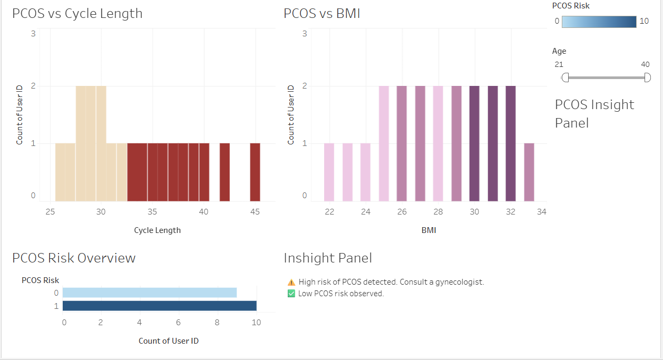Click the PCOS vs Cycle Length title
click(x=77, y=14)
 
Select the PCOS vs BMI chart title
click(x=321, y=14)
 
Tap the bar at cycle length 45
click(x=255, y=172)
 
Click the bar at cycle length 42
click(x=225, y=172)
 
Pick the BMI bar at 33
click(x=529, y=172)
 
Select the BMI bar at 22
click(x=329, y=172)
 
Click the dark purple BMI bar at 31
click(x=493, y=143)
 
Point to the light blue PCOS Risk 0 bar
click(x=150, y=293)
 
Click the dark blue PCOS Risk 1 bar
click(x=159, y=306)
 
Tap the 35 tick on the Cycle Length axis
click(x=152, y=212)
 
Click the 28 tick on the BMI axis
click(x=438, y=212)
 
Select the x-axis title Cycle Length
click(x=157, y=230)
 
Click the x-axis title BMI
click(x=428, y=230)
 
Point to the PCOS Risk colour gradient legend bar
click(x=599, y=22)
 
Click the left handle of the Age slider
click(x=565, y=78)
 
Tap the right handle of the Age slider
click(x=647, y=78)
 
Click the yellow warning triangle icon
click(x=291, y=283)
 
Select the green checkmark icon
click(x=291, y=294)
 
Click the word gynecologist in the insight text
click(x=457, y=282)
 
